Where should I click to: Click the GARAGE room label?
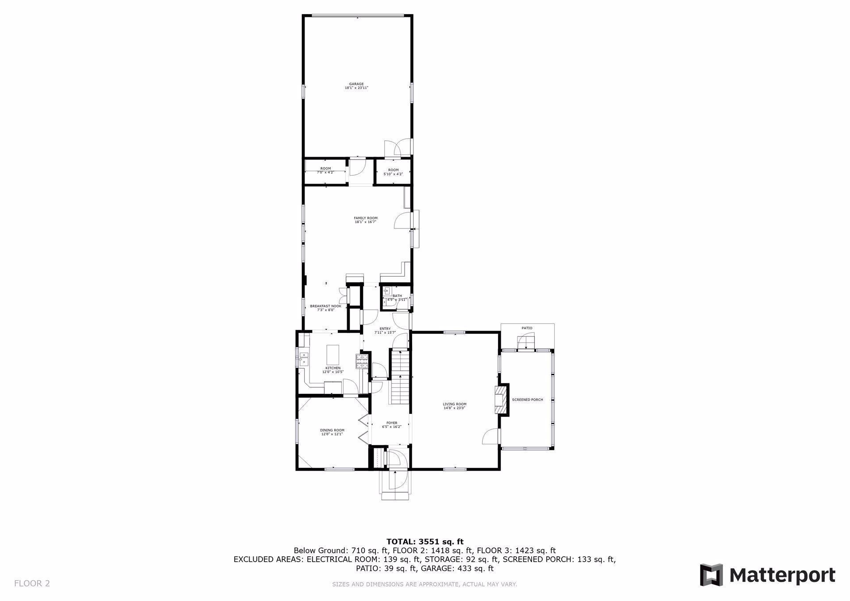pos(356,84)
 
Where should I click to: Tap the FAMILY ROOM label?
pos(366,218)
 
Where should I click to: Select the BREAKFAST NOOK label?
pos(325,306)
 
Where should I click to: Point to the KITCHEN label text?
pos(333,368)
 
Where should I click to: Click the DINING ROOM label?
pos(332,430)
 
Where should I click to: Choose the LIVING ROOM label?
pos(455,404)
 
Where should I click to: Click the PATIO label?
pos(527,328)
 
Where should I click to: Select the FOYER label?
pos(392,423)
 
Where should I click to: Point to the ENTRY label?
pos(385,329)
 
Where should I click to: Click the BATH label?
pos(397,296)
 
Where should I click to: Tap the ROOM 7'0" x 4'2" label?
pos(325,169)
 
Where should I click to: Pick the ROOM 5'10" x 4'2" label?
pos(393,170)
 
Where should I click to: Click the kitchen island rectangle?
pos(333,354)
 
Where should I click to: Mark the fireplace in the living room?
pos(500,400)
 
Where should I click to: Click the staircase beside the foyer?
pos(400,376)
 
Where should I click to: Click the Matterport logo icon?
pos(711,575)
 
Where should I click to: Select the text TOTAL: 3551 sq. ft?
pos(425,541)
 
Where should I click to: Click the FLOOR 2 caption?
pos(32,583)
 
